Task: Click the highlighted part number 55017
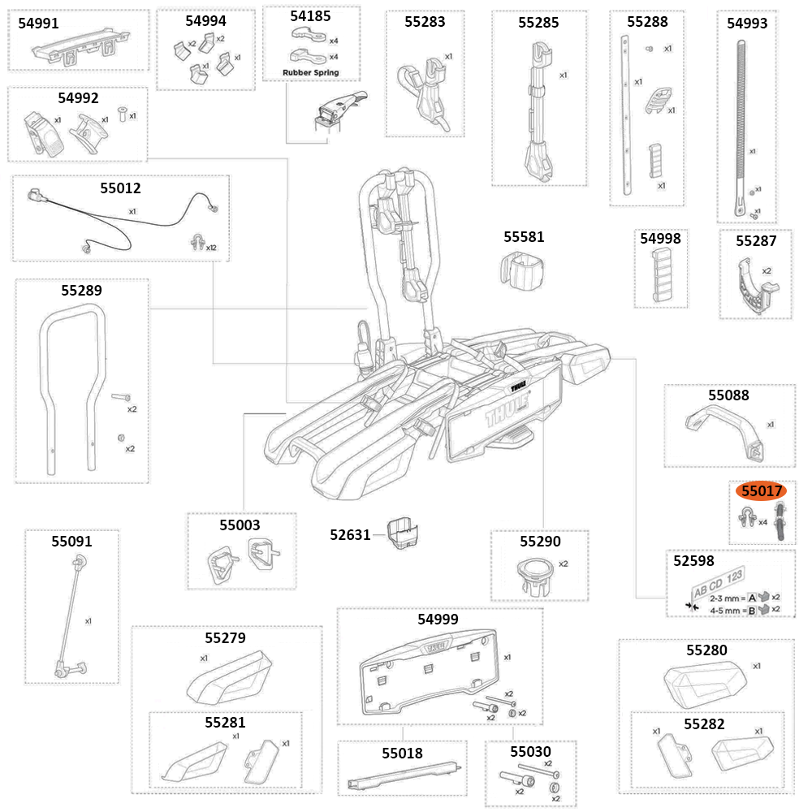(x=759, y=491)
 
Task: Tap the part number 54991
(x=38, y=24)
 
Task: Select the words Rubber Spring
(x=310, y=72)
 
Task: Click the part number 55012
(x=120, y=188)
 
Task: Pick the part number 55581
(x=524, y=237)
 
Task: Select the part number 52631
(x=350, y=534)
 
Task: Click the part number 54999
(x=438, y=619)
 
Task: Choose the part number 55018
(x=402, y=753)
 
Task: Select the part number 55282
(x=704, y=723)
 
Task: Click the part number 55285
(x=538, y=23)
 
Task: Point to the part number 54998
(x=660, y=239)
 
